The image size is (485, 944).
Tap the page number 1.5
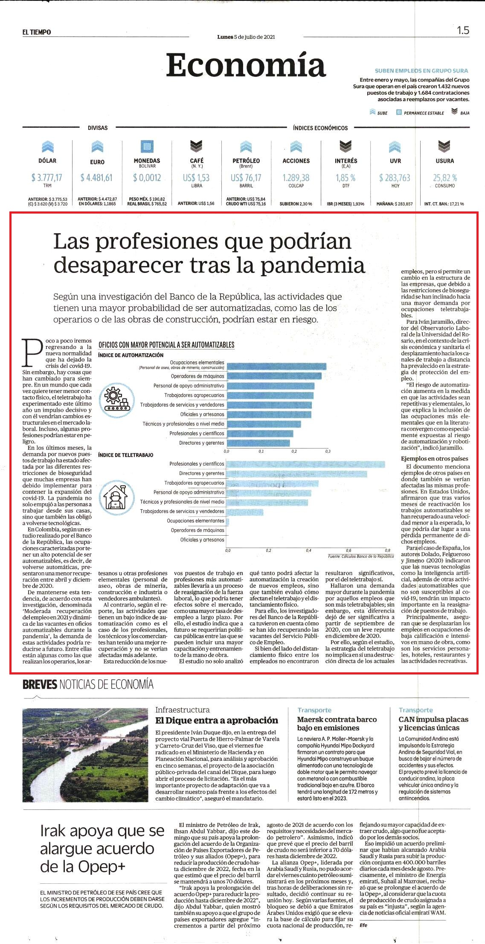pos(463,30)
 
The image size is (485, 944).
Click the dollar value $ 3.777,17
pos(47,177)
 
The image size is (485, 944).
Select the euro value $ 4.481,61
pos(97,177)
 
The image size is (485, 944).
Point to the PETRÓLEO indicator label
pos(246,161)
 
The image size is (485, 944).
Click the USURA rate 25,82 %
pos(445,177)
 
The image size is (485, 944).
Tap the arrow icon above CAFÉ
pos(196,147)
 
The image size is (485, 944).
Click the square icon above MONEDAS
pos(147,147)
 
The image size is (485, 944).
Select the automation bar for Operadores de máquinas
pos(274,376)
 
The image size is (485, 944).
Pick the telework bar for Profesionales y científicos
pos(305,464)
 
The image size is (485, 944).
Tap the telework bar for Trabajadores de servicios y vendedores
pos(245,512)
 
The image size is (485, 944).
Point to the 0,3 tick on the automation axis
pos(328,451)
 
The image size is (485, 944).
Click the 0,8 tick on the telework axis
pos(387,550)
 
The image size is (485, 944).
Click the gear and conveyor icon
pos(114,397)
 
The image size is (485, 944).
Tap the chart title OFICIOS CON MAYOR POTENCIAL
pos(166,345)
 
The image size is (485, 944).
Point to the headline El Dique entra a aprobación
pos(216,720)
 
